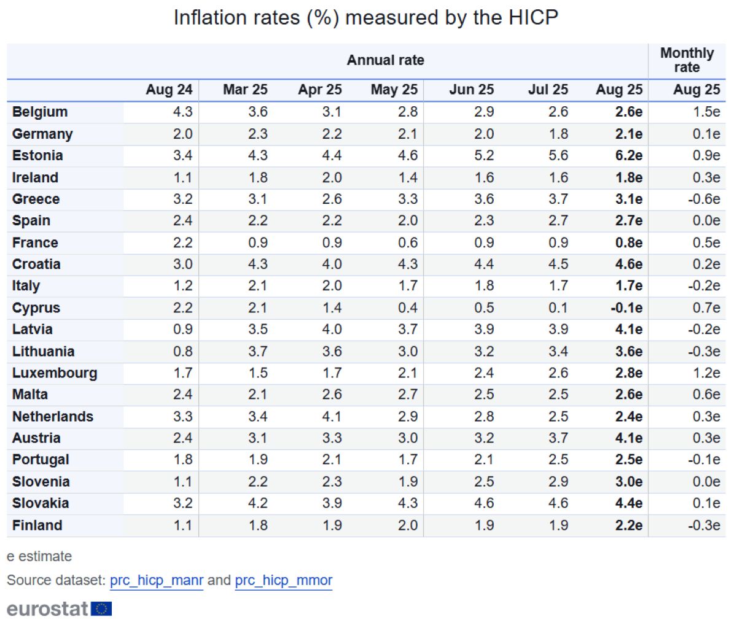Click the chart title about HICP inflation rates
click(x=366, y=17)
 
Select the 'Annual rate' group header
click(x=385, y=60)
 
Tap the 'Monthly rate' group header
click(x=687, y=60)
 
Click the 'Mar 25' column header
click(x=245, y=90)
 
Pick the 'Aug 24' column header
click(x=169, y=90)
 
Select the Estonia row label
click(x=37, y=155)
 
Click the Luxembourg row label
click(x=55, y=373)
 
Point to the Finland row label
click(x=37, y=525)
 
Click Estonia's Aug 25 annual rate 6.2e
click(x=628, y=155)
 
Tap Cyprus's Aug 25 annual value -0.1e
click(x=626, y=308)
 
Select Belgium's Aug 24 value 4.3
click(x=182, y=112)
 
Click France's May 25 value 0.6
click(x=407, y=242)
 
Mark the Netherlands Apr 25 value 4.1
click(x=332, y=416)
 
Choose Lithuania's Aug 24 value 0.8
click(x=182, y=351)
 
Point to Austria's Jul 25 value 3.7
click(x=558, y=438)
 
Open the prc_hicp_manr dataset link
click(x=156, y=580)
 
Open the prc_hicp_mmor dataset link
click(x=283, y=580)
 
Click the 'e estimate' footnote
click(x=39, y=556)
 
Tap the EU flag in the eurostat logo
click(x=101, y=609)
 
